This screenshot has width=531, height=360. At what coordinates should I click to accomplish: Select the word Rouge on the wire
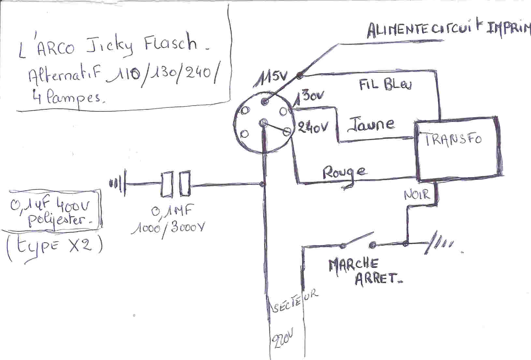[x=344, y=173]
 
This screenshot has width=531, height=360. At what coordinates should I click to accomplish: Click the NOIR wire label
[x=417, y=194]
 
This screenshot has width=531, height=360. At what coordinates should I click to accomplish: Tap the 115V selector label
[x=271, y=78]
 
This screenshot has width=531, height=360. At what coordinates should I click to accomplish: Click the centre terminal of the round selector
[x=264, y=123]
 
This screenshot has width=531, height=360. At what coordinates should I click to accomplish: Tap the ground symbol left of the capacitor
[x=118, y=184]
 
